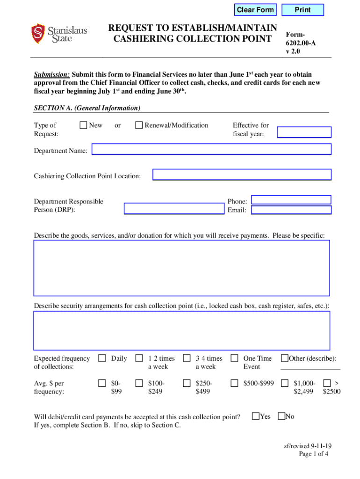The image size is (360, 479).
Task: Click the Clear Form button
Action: tap(255, 10)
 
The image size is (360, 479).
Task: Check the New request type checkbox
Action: tap(83, 125)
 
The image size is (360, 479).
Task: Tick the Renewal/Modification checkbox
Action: tap(139, 125)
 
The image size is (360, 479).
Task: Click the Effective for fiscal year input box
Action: tap(304, 132)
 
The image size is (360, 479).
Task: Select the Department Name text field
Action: tap(211, 150)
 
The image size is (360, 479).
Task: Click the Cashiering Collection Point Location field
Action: tap(242, 175)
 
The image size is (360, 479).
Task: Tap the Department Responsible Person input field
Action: tap(174, 209)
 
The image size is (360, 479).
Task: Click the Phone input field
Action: tap(291, 200)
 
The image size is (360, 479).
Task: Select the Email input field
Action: tap(291, 210)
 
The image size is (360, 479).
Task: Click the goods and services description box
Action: tap(181, 268)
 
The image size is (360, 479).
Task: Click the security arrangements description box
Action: tap(181, 331)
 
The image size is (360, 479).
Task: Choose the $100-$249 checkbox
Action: tap(139, 383)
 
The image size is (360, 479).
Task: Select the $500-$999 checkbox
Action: tap(235, 383)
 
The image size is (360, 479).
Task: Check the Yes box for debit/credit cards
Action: tap(256, 416)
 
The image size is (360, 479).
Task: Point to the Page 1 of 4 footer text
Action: tap(314, 454)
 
